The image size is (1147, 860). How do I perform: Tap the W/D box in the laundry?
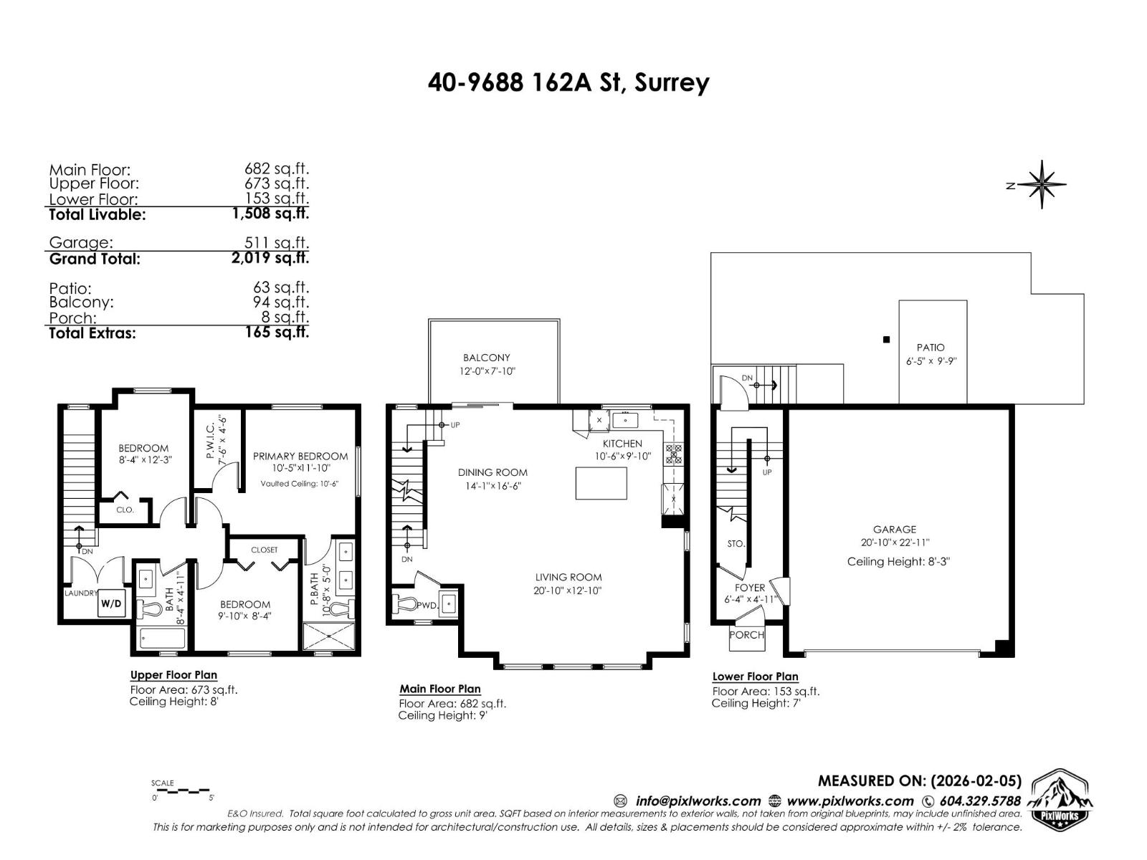(x=111, y=603)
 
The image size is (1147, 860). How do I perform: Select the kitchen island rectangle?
(x=601, y=483)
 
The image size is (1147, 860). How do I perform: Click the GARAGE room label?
(x=894, y=530)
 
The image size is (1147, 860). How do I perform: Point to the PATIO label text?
(x=931, y=348)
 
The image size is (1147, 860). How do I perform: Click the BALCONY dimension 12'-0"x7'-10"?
(x=487, y=371)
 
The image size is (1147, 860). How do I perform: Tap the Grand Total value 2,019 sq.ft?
(x=270, y=258)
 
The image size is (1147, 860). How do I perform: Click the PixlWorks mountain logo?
(x=1060, y=800)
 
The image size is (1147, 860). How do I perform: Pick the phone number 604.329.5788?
(x=979, y=801)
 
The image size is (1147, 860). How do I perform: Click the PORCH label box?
(x=746, y=636)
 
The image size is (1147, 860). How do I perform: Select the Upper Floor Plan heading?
(x=173, y=675)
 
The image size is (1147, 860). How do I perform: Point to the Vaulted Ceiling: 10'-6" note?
(x=299, y=484)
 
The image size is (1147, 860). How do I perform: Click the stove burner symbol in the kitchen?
(x=674, y=454)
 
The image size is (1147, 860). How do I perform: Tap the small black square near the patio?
(x=886, y=340)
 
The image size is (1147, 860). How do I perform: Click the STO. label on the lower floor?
(x=736, y=544)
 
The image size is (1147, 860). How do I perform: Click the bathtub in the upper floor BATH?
(x=162, y=638)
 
